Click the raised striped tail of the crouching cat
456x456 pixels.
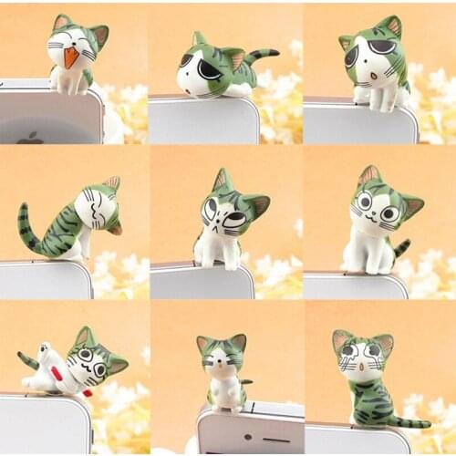tap(260, 57)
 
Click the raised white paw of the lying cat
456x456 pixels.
tap(40, 351)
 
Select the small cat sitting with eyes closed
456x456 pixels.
tap(223, 374)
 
